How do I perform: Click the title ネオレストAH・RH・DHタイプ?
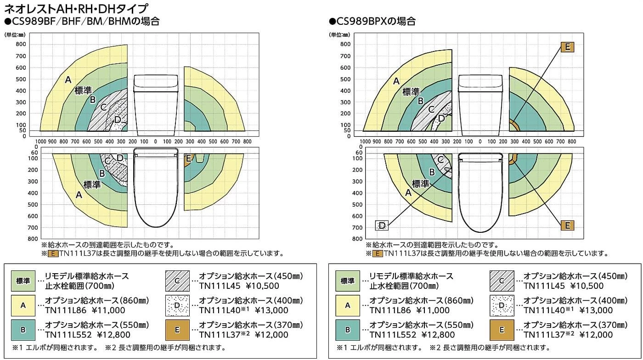point(76,8)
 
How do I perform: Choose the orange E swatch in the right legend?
point(501,330)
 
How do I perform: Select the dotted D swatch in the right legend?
point(501,305)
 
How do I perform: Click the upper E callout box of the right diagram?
point(567,47)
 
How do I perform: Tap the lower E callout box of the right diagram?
point(567,225)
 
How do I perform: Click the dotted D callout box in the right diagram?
point(382,225)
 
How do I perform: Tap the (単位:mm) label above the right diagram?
point(339,34)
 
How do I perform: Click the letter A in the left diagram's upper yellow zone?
point(68,80)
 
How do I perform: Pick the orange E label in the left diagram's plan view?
point(187,159)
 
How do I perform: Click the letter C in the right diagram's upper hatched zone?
point(430,109)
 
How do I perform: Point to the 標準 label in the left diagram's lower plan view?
point(92,184)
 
